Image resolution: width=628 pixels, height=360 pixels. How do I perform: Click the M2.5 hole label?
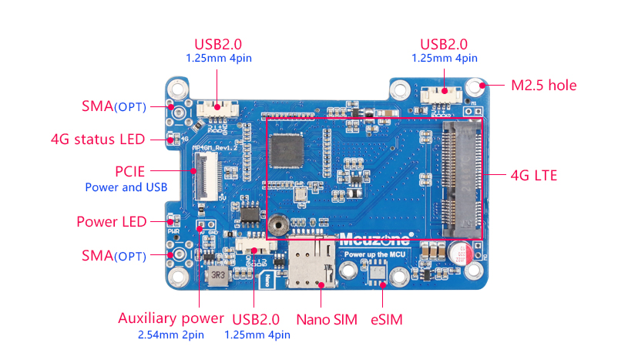pyautogui.click(x=544, y=85)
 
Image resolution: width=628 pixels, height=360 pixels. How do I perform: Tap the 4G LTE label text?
pyautogui.click(x=533, y=175)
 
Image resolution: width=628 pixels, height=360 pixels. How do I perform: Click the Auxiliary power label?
pyautogui.click(x=171, y=318)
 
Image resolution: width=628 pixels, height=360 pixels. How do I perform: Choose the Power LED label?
pyautogui.click(x=111, y=222)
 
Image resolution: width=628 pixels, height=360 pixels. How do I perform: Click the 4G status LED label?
pyautogui.click(x=97, y=140)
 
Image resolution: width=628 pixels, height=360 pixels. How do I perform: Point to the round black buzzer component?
pyautogui.click(x=278, y=224)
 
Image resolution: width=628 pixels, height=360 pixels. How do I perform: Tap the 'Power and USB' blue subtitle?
pyautogui.click(x=126, y=187)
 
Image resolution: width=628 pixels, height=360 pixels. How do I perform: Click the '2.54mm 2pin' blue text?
pyautogui.click(x=170, y=335)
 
